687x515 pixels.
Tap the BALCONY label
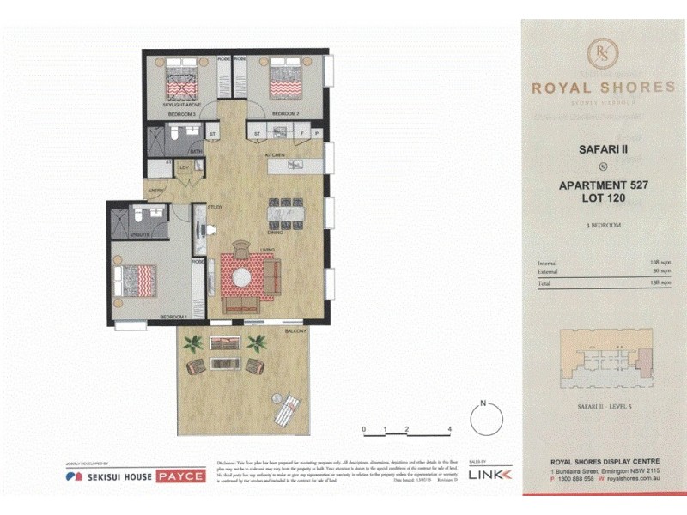click(296, 332)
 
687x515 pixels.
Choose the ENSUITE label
click(140, 234)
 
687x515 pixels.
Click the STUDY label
click(216, 207)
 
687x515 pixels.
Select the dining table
click(286, 211)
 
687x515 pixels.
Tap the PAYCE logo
click(180, 476)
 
